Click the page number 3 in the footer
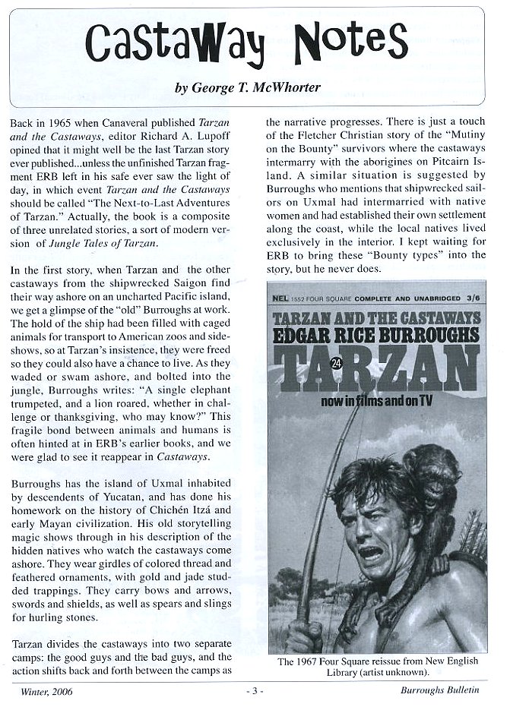[x=255, y=692]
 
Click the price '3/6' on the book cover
[x=461, y=289]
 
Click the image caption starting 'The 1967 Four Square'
[x=377, y=667]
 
